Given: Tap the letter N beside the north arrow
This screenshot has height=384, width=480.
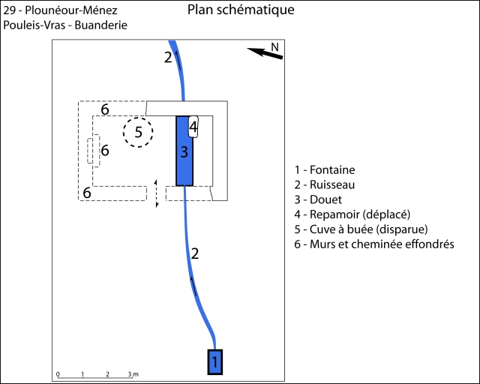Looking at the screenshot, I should click(x=275, y=46).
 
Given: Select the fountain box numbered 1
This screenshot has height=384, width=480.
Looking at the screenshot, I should click(x=215, y=361).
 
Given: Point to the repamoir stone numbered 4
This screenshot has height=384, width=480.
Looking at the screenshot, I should click(x=193, y=127).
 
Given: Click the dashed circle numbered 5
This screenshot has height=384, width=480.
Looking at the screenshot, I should click(x=138, y=133).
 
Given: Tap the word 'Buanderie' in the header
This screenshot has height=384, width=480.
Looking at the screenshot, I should click(x=102, y=25).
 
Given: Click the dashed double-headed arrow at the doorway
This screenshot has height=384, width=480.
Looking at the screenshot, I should click(x=156, y=193).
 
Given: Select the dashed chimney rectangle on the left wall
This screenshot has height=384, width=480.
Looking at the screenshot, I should click(x=93, y=151).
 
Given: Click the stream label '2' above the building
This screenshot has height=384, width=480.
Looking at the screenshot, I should click(x=168, y=57).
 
